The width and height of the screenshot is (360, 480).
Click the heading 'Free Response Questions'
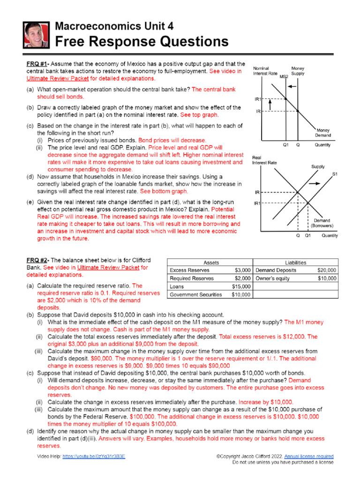tap(142, 42)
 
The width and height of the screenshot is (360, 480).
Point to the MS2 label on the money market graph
tap(284, 76)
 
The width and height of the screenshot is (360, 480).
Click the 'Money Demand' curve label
tap(323, 133)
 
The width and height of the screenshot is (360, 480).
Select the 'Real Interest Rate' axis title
tap(264, 160)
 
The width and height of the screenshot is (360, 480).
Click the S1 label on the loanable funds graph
tap(335, 175)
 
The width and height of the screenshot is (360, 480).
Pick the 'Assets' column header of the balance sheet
tap(210, 262)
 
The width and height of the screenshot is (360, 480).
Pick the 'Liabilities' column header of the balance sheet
tap(295, 262)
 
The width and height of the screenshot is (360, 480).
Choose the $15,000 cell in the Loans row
tap(241, 286)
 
